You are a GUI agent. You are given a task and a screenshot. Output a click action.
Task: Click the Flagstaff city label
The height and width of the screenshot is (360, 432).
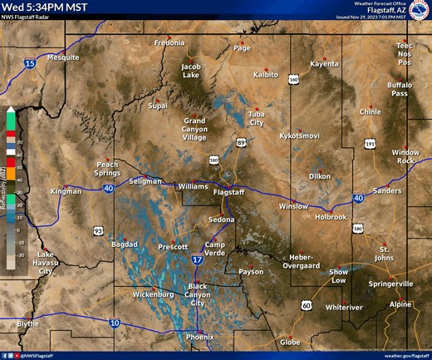point(229,192)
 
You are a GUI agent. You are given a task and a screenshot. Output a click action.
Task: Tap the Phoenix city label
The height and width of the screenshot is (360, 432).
point(199,337)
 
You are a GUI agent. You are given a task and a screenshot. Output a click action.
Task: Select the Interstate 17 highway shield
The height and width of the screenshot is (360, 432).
point(197,260)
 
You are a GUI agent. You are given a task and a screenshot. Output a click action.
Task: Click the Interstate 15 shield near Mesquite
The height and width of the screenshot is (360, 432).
point(30,64)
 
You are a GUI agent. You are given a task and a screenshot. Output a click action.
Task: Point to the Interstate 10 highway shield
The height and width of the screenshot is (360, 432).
point(114,323)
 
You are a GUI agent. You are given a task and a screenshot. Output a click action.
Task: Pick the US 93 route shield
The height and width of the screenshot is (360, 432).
point(98,230)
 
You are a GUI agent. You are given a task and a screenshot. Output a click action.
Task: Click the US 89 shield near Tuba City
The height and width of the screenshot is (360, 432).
point(241,144)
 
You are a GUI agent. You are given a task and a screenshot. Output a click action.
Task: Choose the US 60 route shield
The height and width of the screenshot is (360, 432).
point(307,306)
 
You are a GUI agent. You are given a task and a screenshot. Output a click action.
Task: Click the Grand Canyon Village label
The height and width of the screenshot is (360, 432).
point(194,129)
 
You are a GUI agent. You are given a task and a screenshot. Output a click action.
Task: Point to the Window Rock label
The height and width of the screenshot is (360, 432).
point(406,156)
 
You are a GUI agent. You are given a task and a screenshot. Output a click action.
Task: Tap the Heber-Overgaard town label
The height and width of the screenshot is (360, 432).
point(307,262)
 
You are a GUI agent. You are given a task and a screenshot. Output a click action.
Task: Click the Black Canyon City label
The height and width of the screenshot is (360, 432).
point(198,294)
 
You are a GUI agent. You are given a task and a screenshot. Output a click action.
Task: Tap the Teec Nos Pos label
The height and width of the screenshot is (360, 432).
point(404,54)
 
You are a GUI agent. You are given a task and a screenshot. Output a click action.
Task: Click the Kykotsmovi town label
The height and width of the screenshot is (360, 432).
point(299,136)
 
